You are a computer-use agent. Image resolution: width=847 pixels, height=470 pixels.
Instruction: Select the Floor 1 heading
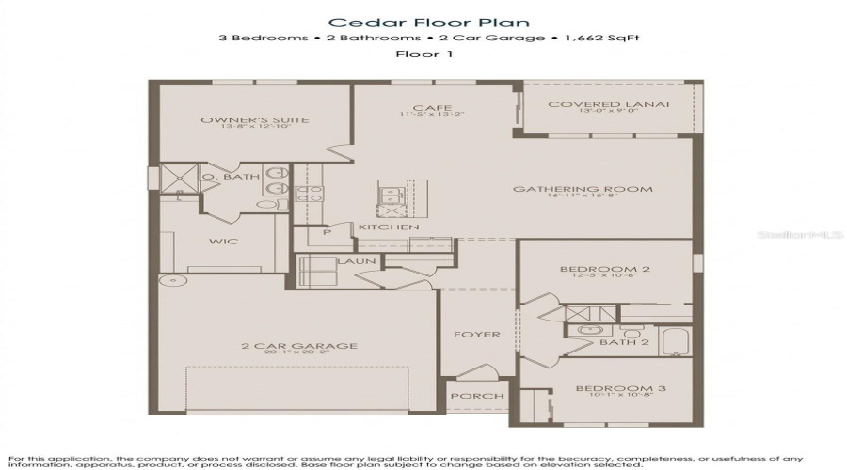[x=423, y=55]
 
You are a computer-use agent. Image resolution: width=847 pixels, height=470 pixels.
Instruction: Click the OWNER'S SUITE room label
[x=255, y=120]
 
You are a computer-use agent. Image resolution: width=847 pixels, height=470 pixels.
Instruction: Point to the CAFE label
[x=432, y=108]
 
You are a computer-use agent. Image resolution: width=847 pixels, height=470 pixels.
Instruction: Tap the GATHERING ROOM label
[x=582, y=189]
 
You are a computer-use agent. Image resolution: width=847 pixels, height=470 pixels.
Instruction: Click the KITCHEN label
[x=388, y=227]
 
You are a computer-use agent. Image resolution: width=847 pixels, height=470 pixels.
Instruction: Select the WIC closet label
[x=223, y=242]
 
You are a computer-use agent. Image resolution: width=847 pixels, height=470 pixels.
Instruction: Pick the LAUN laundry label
[x=357, y=261]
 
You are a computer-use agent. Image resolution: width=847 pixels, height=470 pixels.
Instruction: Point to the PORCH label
[x=478, y=396]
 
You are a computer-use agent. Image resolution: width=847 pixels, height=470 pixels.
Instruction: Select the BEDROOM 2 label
[x=604, y=270]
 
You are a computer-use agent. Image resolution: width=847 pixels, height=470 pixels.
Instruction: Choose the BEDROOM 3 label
[x=607, y=388]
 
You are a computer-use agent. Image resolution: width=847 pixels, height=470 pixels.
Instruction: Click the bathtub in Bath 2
[x=676, y=342]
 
